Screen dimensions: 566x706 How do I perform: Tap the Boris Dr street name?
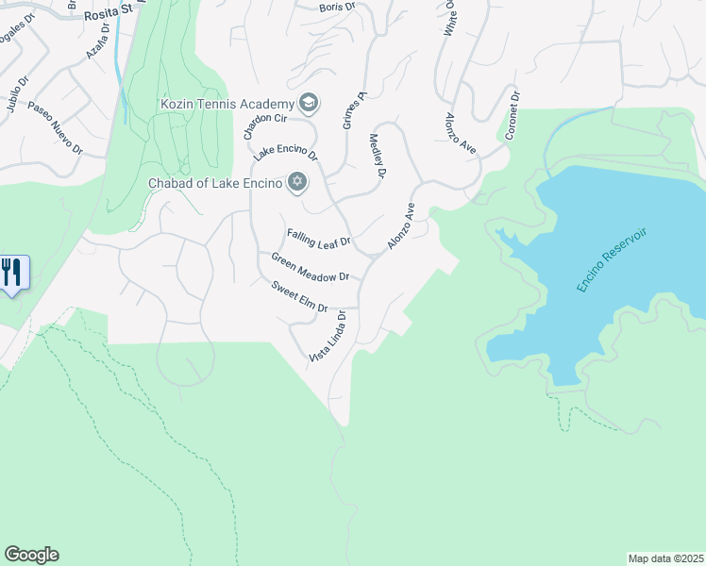[336, 6]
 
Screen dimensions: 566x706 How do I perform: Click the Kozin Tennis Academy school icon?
[308, 102]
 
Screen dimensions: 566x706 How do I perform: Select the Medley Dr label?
[378, 157]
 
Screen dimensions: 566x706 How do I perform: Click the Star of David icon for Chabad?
[297, 182]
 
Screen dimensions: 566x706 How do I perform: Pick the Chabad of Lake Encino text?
[214, 183]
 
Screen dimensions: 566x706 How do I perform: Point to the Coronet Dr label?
[512, 115]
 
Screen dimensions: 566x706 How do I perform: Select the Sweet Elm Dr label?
[299, 296]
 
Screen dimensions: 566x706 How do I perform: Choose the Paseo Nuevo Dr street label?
[56, 128]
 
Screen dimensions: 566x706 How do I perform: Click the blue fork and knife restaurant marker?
[12, 274]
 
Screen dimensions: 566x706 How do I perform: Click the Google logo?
[31, 555]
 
